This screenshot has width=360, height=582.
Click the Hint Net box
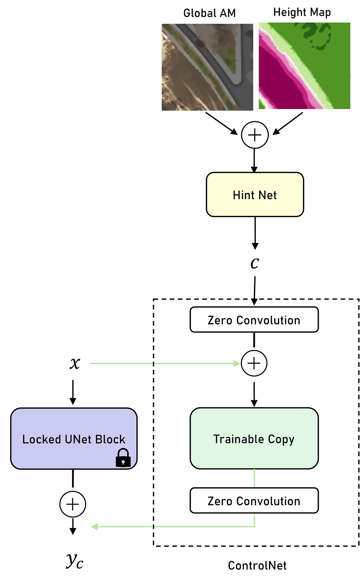pyautogui.click(x=255, y=195)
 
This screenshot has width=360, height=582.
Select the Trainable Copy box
pyautogui.click(x=254, y=438)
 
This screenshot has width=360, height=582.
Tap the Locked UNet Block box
pyautogui.click(x=74, y=438)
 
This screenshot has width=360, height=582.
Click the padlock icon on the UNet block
pyautogui.click(x=123, y=458)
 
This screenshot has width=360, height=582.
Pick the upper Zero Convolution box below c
pyautogui.click(x=254, y=320)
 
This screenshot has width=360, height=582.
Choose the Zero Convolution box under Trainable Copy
pyautogui.click(x=254, y=501)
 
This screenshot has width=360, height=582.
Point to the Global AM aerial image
pyautogui.click(x=207, y=67)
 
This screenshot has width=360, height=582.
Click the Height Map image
pyautogui.click(x=304, y=66)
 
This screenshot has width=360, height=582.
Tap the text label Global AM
pyautogui.click(x=209, y=13)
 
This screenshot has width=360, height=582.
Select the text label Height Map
pyautogui.click(x=302, y=12)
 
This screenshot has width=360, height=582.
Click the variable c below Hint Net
pyautogui.click(x=255, y=263)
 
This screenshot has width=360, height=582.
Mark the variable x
pyautogui.click(x=75, y=363)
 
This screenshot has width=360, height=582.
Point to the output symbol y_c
pyautogui.click(x=74, y=561)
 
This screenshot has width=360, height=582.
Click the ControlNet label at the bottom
pyautogui.click(x=257, y=565)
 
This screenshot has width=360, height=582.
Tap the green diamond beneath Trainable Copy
pyautogui.click(x=254, y=478)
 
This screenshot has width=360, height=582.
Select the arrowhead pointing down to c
pyautogui.click(x=255, y=246)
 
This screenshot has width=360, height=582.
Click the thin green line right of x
pyautogui.click(x=120, y=363)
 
